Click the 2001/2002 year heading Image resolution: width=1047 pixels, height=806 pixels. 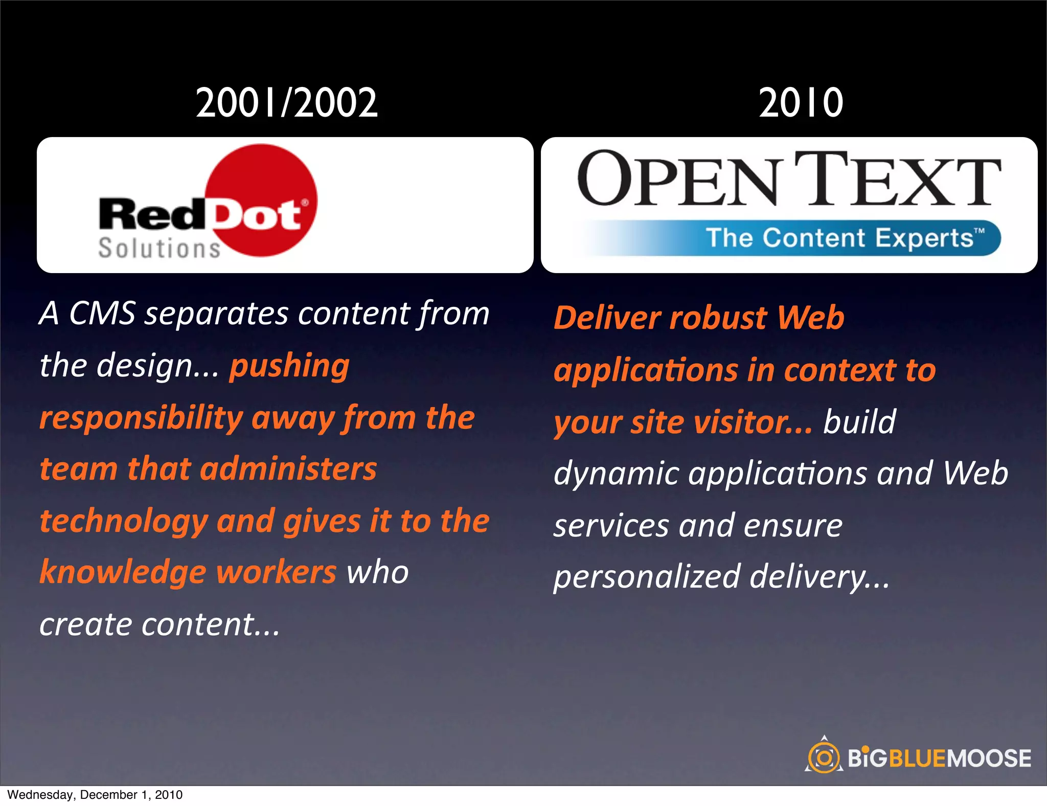(x=287, y=103)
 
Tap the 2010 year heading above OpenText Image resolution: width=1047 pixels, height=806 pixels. (x=801, y=103)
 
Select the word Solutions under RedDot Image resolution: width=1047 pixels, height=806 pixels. (x=159, y=249)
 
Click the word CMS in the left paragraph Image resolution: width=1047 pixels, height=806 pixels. (x=102, y=313)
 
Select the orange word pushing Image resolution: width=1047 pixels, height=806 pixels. (x=289, y=366)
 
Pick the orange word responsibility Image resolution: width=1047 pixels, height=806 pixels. (x=141, y=418)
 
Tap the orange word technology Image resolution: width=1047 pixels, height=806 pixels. (x=123, y=522)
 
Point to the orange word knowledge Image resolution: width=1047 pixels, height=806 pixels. (x=123, y=573)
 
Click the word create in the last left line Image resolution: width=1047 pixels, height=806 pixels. (x=86, y=625)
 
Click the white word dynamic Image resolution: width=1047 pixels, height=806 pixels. (x=616, y=474)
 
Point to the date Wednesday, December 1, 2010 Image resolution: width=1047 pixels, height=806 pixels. (x=95, y=795)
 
